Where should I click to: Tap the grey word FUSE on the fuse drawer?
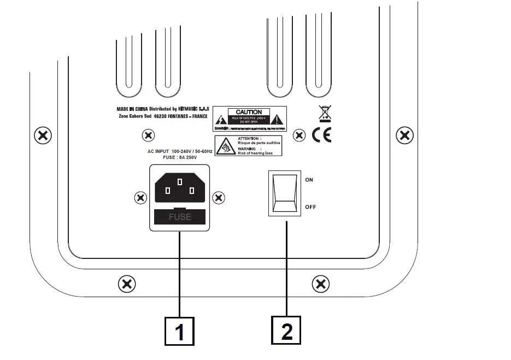180,217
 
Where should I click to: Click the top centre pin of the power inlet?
180,181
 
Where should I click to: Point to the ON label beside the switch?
309,180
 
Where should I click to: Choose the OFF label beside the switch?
310,207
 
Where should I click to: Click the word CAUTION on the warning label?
249,112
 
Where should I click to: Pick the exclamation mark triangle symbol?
278,119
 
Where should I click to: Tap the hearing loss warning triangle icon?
225,146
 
